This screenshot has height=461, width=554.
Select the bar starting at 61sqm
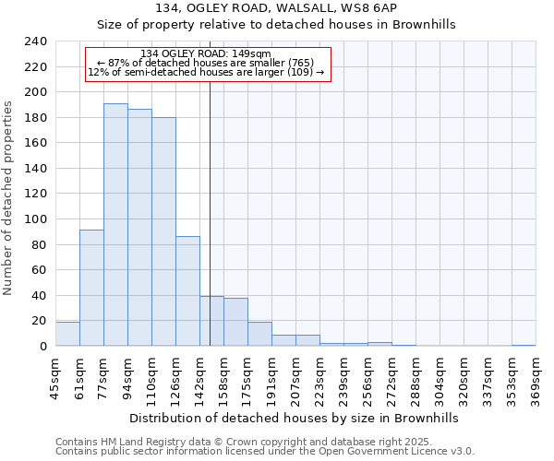pos(91,288)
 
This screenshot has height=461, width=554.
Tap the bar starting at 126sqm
pos(187,290)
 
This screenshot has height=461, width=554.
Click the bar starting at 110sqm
pos(163,231)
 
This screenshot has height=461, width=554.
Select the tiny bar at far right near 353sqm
pos(524,345)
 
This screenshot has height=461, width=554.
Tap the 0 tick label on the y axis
pos(42,347)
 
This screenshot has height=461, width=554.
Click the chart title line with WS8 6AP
pos(276,8)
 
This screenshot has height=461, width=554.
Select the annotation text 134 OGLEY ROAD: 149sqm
pos(207,53)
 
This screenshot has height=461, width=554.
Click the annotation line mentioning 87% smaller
pos(206,63)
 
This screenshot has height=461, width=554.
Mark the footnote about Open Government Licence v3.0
pos(265,452)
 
